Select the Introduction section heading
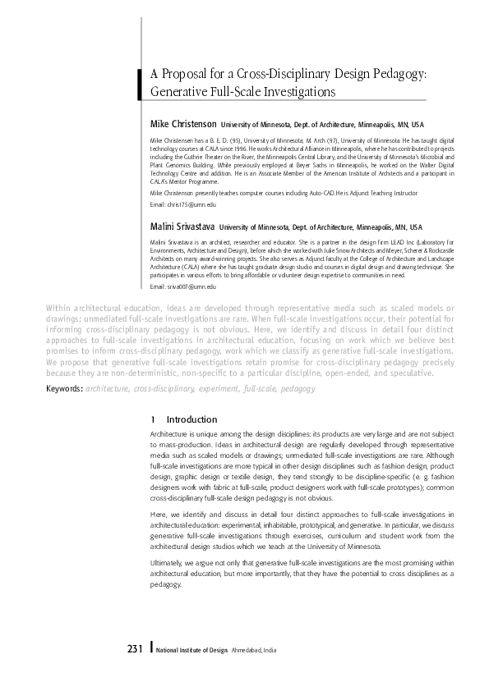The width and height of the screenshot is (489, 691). (x=191, y=419)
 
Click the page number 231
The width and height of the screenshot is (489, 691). (x=136, y=650)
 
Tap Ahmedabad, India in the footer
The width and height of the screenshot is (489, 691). (x=254, y=651)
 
